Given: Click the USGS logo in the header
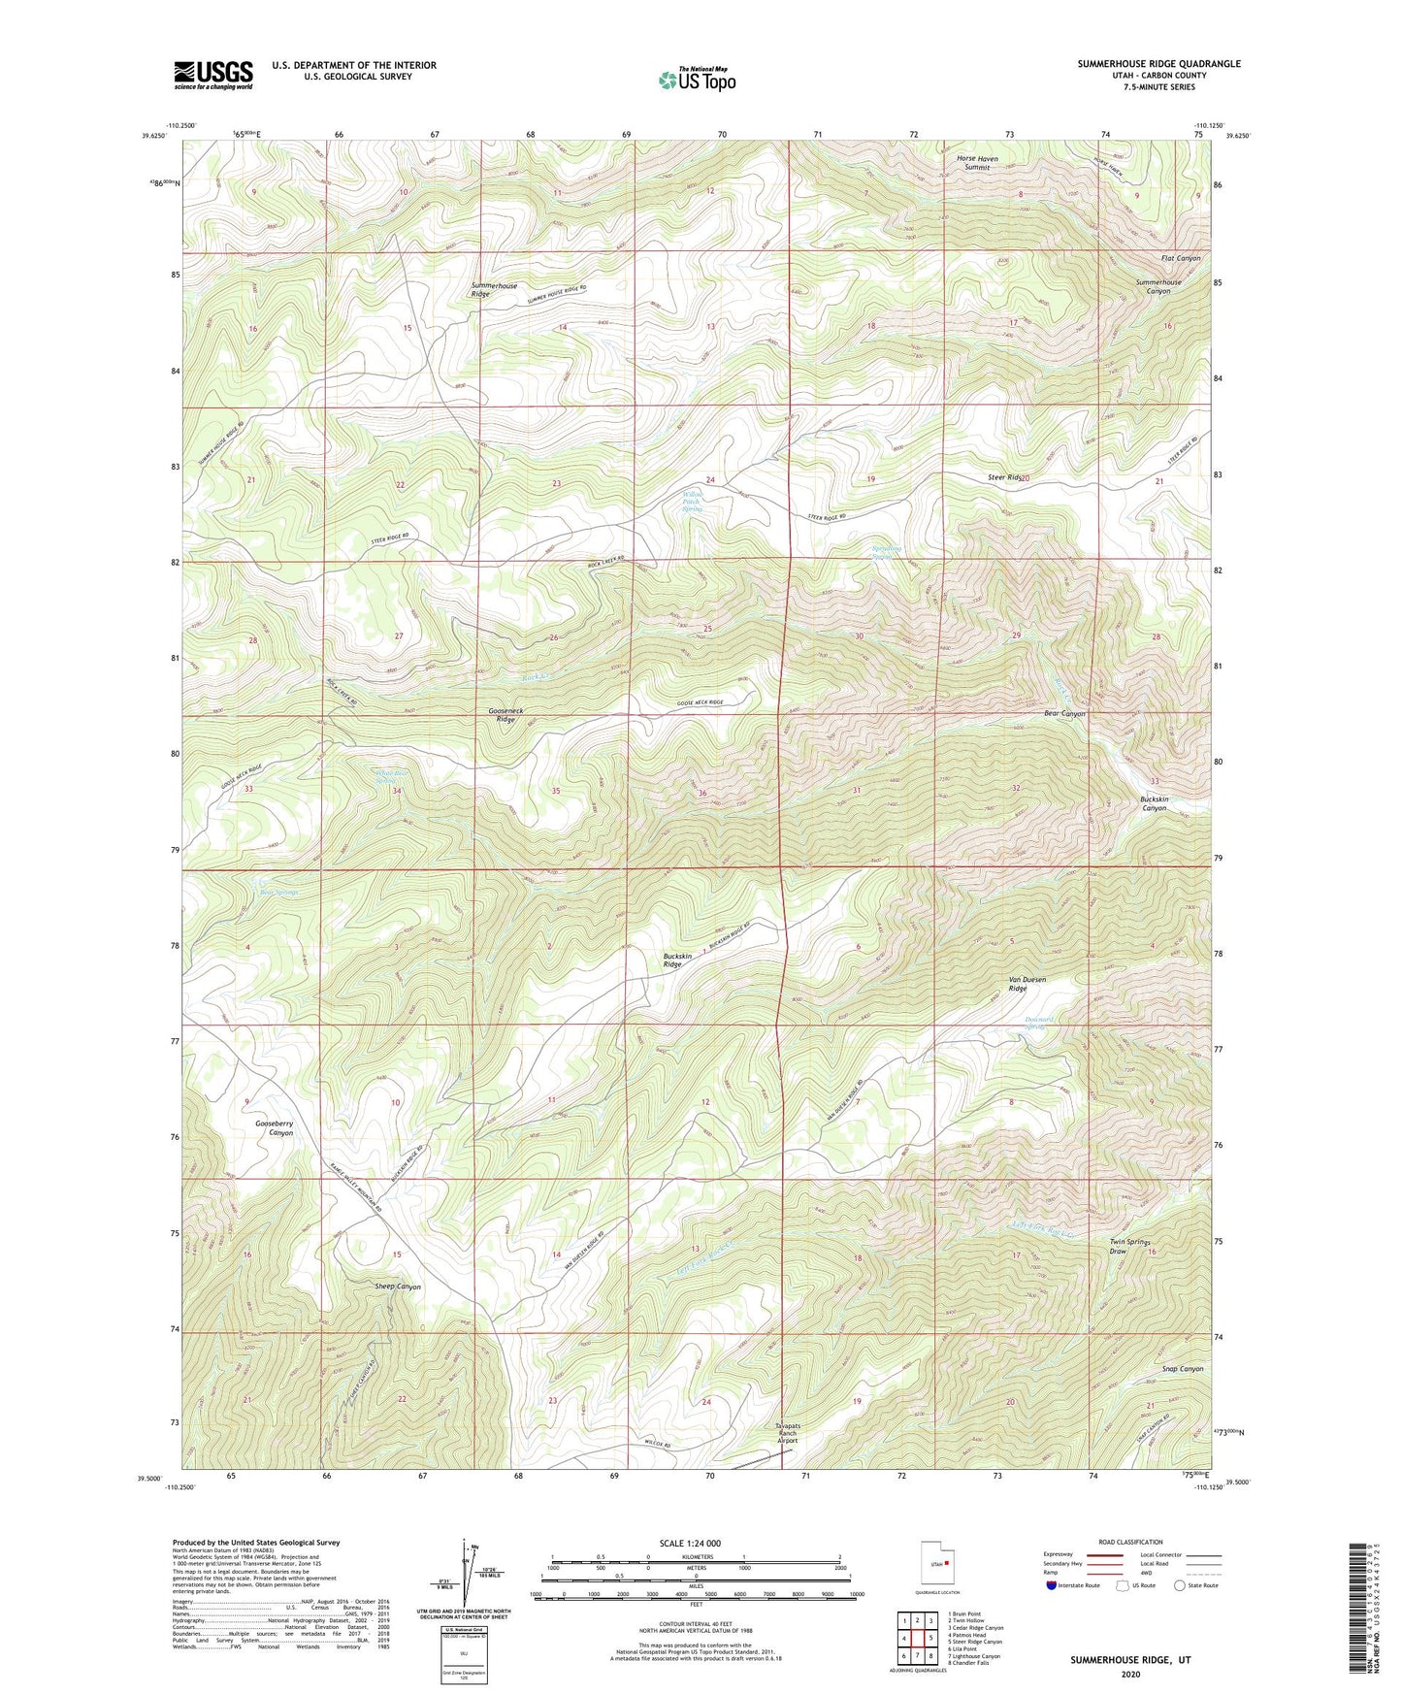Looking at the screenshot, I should pos(213,75).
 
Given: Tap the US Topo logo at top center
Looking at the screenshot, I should pos(696,80).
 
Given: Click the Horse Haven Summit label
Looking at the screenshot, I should pos(977,163).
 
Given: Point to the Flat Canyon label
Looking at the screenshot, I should pos(1181,258).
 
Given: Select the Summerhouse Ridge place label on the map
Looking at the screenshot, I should pos(494,289).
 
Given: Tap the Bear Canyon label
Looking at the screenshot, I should pos(1064,714).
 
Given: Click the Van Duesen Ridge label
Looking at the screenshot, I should pos(1027,984).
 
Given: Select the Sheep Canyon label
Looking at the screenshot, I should pos(398,1287).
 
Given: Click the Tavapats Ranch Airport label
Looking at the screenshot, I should pos(787,1435).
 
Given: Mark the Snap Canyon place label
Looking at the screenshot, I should pos(1182,1369).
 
